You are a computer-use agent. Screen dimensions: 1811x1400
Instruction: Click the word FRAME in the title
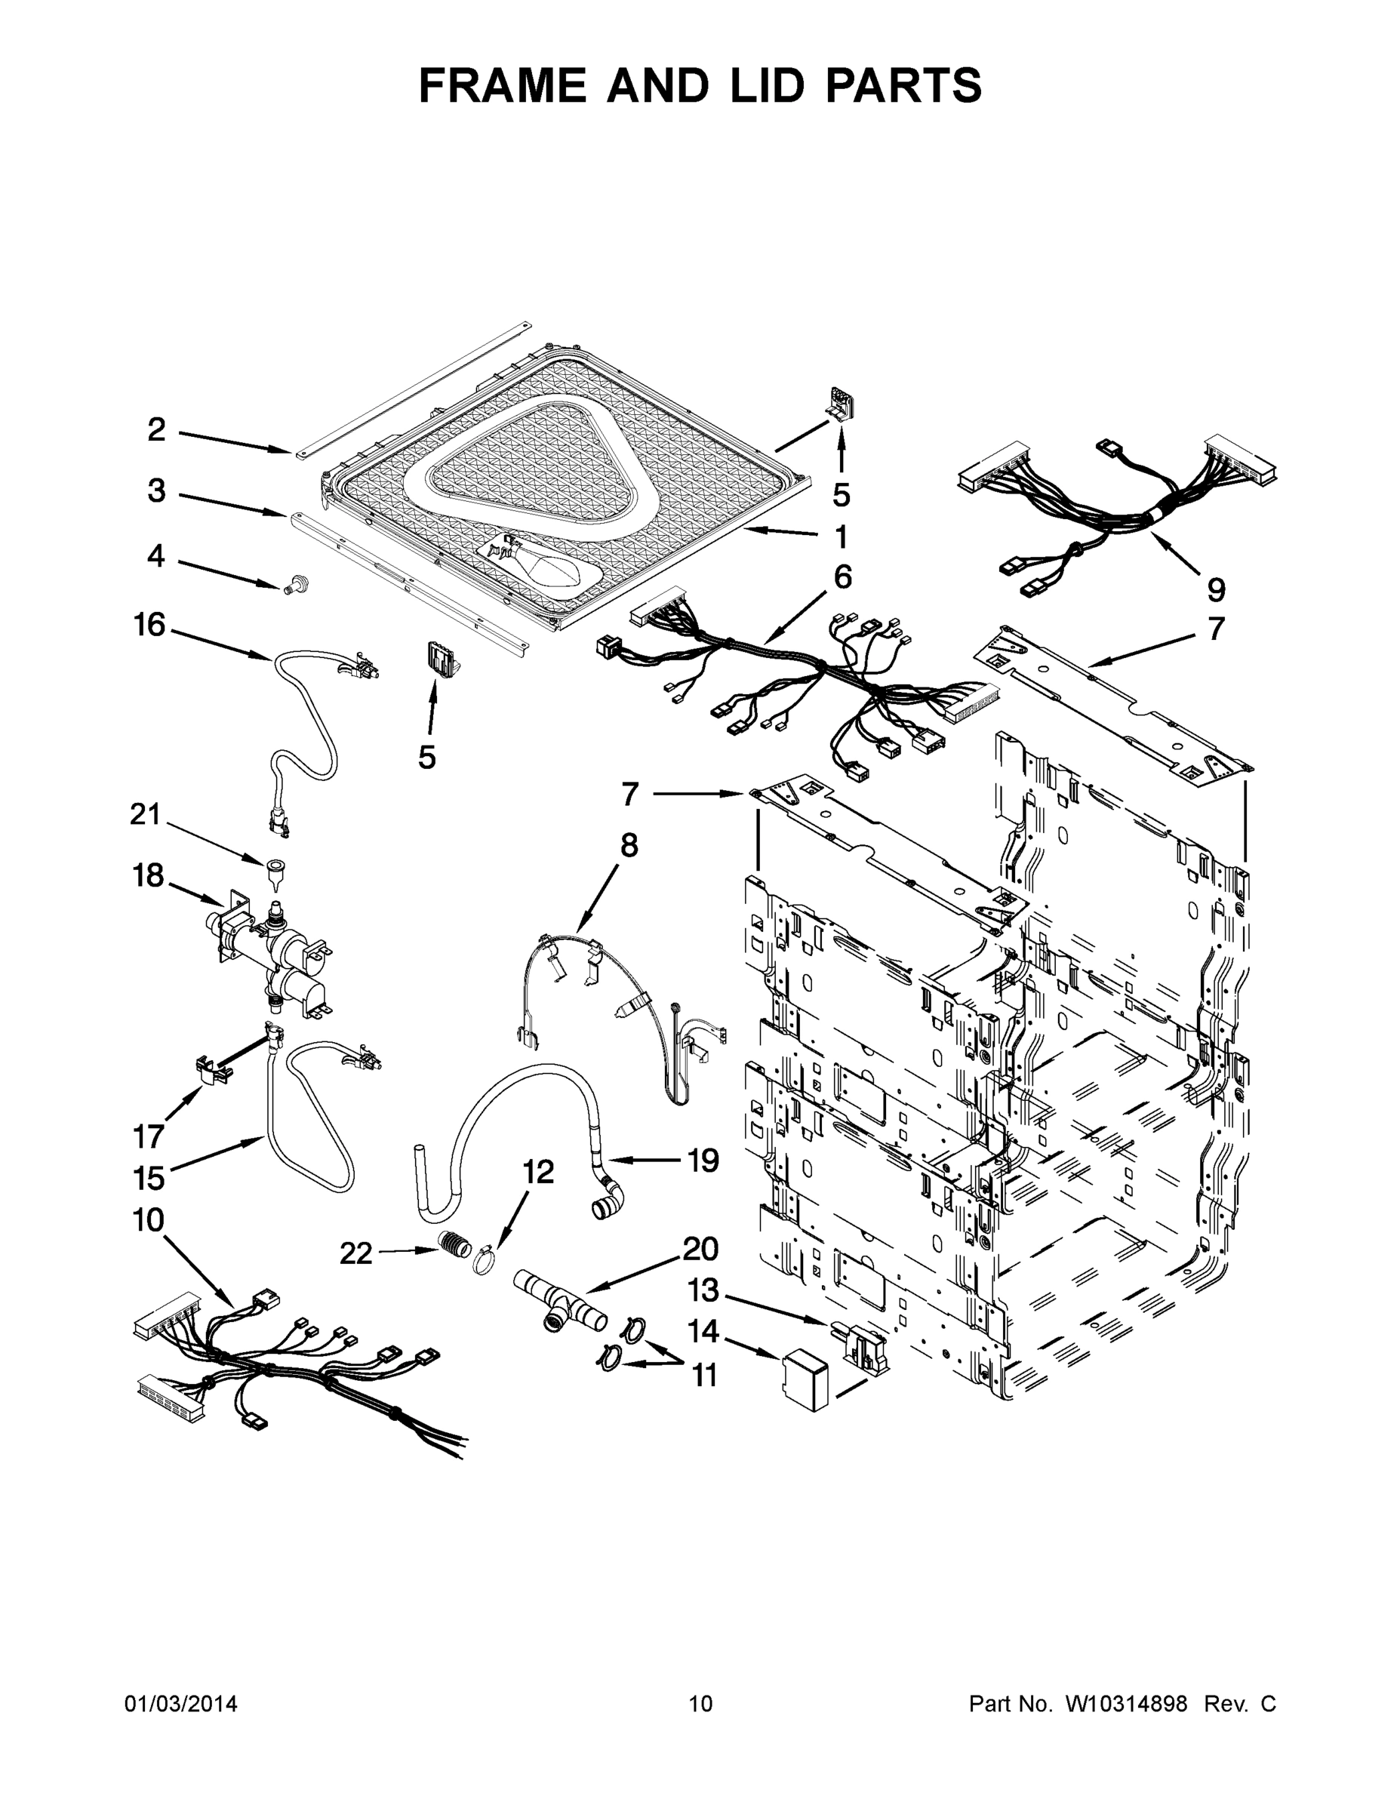[502, 85]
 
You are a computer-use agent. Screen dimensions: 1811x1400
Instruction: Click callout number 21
[145, 813]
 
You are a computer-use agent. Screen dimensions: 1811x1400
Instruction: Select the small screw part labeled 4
[291, 586]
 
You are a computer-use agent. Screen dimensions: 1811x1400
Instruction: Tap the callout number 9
[1215, 589]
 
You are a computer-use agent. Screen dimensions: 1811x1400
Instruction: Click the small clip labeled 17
[211, 1070]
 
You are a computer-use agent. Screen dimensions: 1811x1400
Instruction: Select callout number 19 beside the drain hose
[703, 1160]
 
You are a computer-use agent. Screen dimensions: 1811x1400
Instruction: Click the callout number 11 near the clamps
[704, 1376]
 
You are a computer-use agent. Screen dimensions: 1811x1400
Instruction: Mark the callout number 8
[629, 846]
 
